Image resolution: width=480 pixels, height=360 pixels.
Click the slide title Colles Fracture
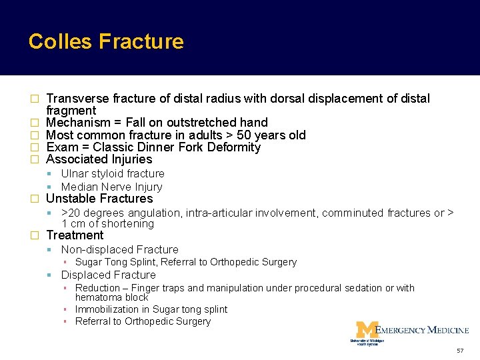106,41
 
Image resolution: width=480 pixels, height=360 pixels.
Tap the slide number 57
460,351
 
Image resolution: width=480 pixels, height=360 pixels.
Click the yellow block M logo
366,330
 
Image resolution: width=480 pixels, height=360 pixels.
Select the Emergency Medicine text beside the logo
423,330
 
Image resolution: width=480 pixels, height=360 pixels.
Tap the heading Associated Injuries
99,159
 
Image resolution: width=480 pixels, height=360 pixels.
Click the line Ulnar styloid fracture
113,173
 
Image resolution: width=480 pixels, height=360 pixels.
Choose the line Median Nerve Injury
111,187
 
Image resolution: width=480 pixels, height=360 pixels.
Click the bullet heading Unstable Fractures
99,199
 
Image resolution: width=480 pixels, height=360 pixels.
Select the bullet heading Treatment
75,235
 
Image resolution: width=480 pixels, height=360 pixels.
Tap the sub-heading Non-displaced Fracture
119,249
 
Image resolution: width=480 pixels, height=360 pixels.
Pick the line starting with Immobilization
151,309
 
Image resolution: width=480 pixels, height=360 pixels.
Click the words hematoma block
112,297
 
